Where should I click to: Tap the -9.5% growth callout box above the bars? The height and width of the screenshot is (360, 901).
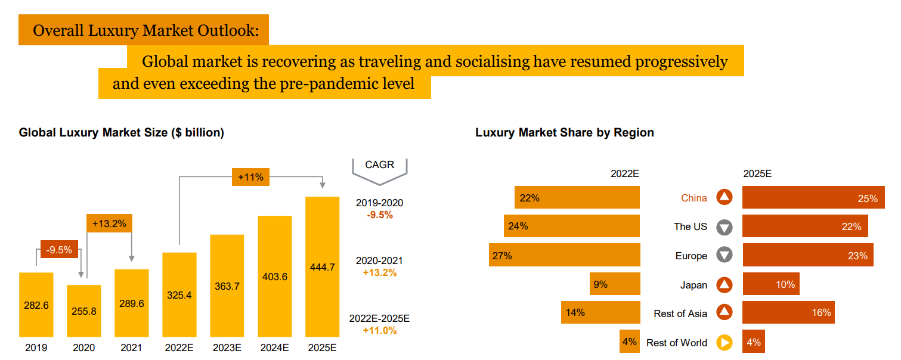[x=59, y=250]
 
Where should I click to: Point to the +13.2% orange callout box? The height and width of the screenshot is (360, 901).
[x=109, y=224]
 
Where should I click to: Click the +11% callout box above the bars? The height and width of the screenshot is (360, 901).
[x=250, y=177]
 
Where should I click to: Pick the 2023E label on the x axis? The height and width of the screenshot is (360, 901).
[x=227, y=347]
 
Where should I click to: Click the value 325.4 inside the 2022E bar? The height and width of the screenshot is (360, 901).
[x=179, y=294]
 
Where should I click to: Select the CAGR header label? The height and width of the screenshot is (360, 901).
[x=379, y=165]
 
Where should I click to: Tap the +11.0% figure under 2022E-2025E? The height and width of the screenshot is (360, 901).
[x=379, y=330]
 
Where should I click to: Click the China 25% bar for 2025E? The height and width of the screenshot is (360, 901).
[x=812, y=197]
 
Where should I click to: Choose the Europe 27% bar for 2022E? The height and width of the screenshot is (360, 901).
[x=564, y=255]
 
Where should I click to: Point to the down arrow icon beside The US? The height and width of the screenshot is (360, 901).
[x=724, y=226]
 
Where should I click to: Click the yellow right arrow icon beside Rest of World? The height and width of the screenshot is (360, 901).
[x=724, y=343]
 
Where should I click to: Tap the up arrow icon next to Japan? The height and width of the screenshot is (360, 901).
[x=724, y=285]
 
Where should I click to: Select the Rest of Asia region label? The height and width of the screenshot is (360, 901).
[x=680, y=314]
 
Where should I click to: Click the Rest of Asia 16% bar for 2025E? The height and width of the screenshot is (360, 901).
[x=788, y=313]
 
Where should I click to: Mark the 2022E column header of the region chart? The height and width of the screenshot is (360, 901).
[x=624, y=173]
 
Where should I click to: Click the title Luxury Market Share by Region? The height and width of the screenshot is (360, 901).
[x=564, y=132]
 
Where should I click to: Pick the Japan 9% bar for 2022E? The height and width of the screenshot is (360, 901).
[x=615, y=284]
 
